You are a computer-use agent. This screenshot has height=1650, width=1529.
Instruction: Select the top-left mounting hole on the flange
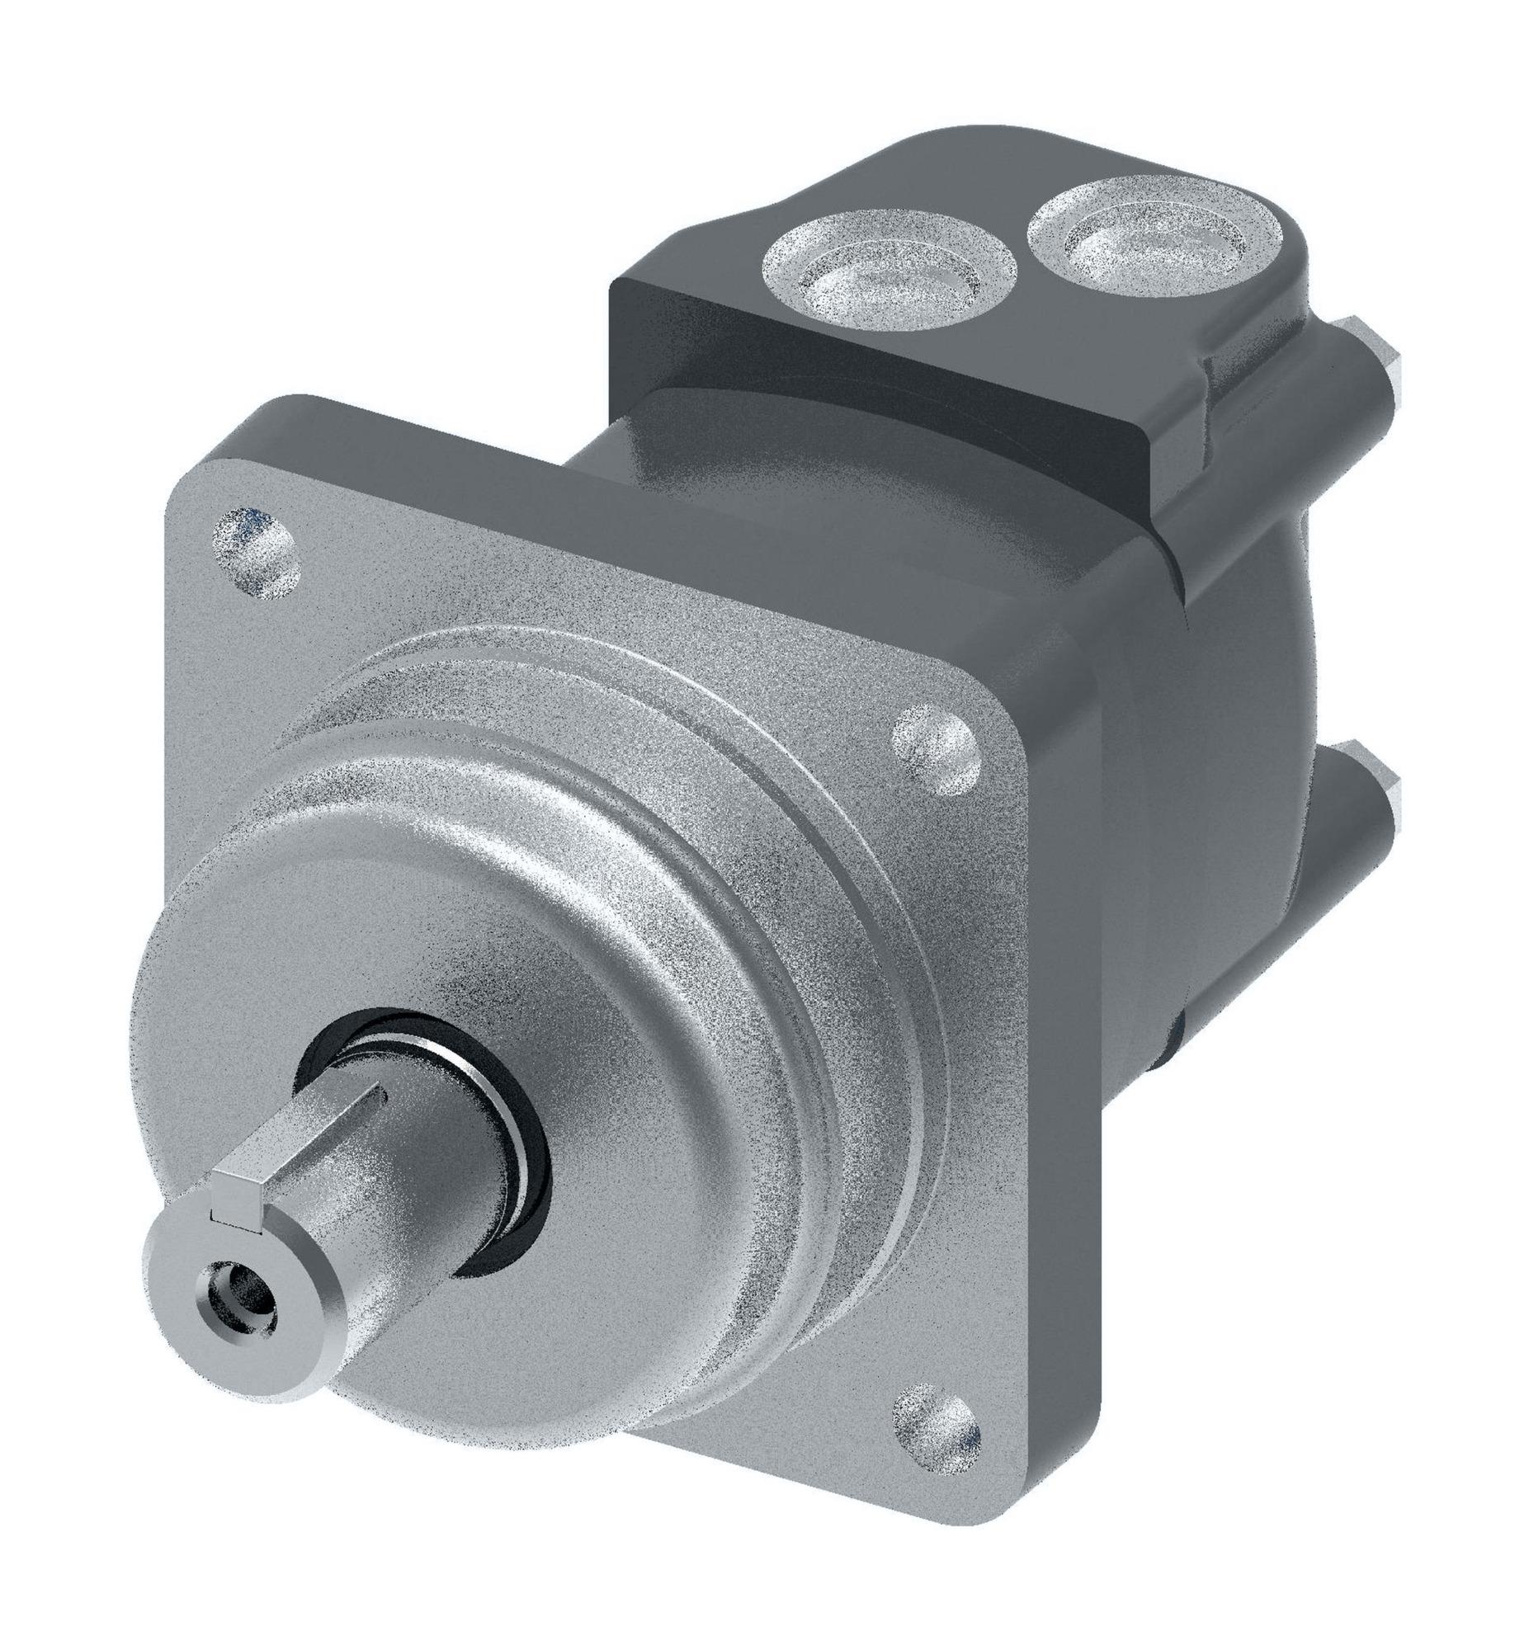(x=255, y=551)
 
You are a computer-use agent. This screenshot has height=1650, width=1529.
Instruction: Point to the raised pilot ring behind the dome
(x=828, y=827)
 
